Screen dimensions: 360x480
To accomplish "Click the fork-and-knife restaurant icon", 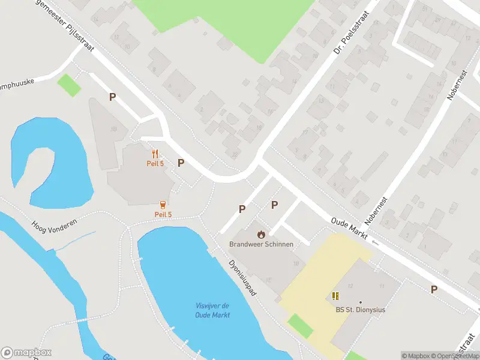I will coord(155,154).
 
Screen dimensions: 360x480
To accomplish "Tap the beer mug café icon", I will coord(163,205).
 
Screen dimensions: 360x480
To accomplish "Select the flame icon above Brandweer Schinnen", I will coord(261,234).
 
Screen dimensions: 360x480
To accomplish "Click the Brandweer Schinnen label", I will coord(261,244).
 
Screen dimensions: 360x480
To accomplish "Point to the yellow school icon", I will coord(335,295).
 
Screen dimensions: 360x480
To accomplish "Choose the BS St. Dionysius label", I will coord(360,310).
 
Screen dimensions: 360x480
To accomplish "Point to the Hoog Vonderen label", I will coord(53,225).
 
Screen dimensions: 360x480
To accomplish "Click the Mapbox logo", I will coord(26,353).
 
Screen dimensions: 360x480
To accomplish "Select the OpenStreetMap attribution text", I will coord(456,356).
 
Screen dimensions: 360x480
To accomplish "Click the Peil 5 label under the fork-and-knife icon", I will coord(155,164).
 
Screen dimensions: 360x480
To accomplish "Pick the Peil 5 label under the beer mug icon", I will coord(163,215).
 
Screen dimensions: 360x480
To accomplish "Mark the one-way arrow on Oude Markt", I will coord(376,242).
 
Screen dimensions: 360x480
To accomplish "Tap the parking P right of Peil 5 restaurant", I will coord(181,163).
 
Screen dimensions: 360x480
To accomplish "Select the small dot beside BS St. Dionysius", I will coord(361,302).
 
